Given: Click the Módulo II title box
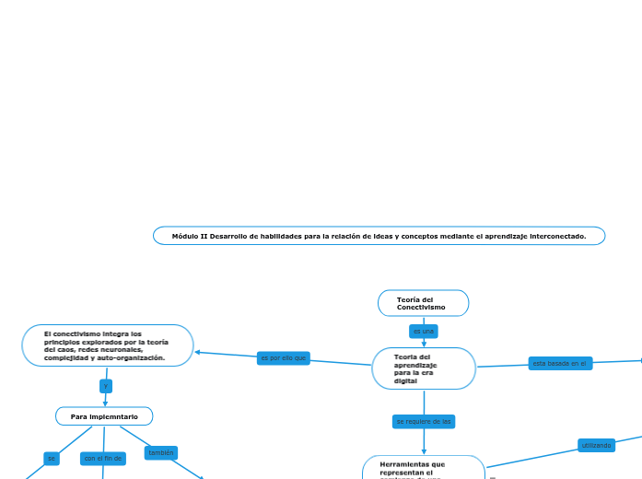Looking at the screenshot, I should click(379, 236).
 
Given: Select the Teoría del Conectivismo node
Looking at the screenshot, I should click(423, 303).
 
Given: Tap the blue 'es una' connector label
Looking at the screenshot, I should click(423, 331).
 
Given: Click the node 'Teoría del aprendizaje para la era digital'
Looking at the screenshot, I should click(423, 368).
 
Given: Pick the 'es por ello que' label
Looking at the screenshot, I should click(283, 357).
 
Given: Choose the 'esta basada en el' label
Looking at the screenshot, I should click(560, 364).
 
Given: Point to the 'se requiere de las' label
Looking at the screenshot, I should click(424, 421).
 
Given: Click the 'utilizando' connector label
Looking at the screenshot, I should click(596, 445).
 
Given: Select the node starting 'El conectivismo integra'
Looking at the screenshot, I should click(107, 345).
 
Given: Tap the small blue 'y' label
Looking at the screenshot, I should click(106, 386).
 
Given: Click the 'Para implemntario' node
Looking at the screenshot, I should click(104, 416).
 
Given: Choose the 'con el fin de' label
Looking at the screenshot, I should click(102, 458).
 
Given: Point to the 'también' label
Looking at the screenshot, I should click(161, 452).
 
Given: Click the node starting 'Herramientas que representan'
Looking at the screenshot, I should click(424, 467).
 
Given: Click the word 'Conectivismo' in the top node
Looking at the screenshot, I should click(421, 307).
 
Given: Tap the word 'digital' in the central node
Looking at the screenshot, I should click(405, 380).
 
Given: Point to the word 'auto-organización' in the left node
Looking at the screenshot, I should click(133, 357).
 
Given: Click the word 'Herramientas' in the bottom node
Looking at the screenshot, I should click(400, 464).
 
